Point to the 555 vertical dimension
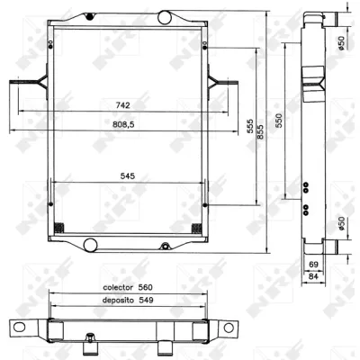[x=249, y=127]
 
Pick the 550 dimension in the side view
[x=279, y=120]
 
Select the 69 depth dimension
[x=312, y=263]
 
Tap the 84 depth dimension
[x=312, y=276]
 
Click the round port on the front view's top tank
[x=165, y=18]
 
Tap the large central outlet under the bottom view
[x=164, y=348]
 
